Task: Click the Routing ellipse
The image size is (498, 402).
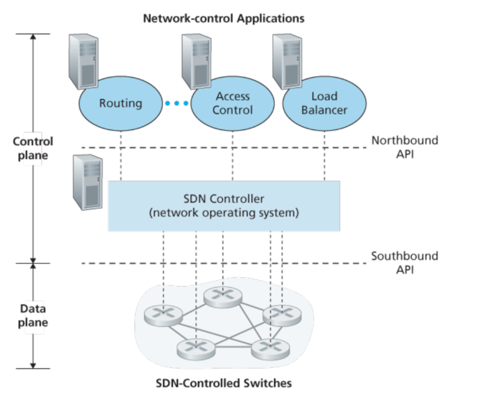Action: (120, 103)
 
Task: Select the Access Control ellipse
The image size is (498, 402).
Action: (233, 103)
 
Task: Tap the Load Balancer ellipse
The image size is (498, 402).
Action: (324, 103)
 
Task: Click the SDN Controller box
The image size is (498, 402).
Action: (224, 206)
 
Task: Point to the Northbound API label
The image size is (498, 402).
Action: (404, 147)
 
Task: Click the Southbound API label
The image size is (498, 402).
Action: (404, 262)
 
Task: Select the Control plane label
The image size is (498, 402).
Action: (33, 148)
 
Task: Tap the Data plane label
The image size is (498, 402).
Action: (33, 316)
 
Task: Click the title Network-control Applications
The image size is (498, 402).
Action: (223, 18)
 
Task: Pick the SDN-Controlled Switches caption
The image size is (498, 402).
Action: (224, 383)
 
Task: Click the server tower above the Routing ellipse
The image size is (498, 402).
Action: (84, 60)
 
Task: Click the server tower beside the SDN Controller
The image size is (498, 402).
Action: (87, 181)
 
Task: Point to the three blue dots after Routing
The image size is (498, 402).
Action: (176, 103)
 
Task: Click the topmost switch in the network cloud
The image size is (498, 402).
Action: (223, 296)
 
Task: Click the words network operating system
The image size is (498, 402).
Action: (224, 213)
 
